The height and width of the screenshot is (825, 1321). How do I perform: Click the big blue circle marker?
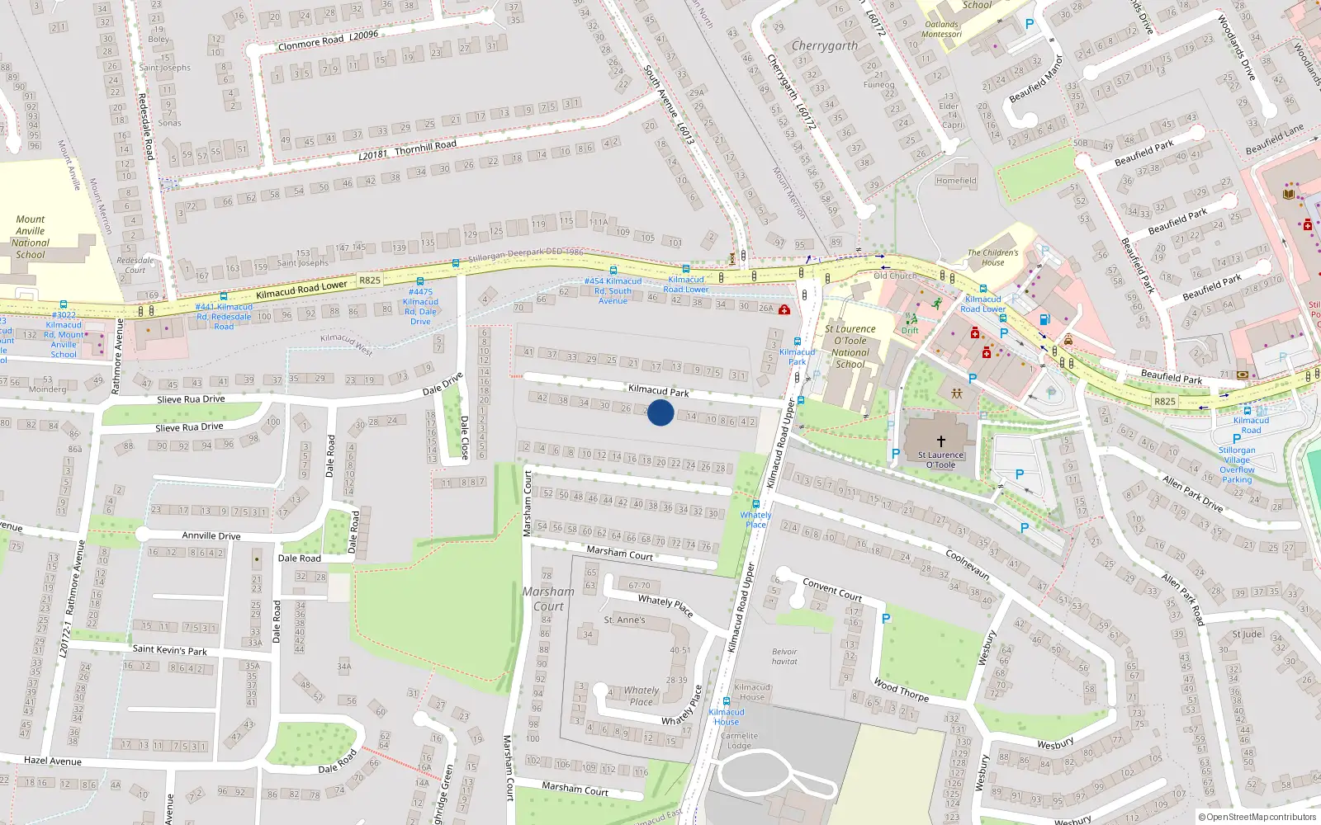[x=660, y=412]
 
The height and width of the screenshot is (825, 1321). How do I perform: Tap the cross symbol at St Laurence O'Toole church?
[x=940, y=441]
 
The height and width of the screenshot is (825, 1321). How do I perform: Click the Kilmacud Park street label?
[x=658, y=390]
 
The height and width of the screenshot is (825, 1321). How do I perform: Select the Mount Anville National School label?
[x=31, y=238]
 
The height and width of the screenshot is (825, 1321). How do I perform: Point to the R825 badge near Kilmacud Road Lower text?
[x=370, y=280]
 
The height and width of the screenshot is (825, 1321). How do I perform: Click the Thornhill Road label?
[x=425, y=147]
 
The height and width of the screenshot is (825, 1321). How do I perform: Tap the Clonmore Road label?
[x=311, y=44]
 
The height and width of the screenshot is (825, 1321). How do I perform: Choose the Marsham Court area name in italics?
[x=548, y=599]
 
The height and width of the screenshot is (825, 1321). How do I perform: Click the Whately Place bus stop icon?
[x=755, y=503]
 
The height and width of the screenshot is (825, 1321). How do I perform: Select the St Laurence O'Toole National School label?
[x=850, y=346]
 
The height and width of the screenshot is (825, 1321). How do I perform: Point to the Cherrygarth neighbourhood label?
[x=825, y=46]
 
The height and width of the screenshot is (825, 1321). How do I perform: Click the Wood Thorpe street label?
[x=901, y=690]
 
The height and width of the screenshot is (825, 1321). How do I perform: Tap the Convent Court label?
[x=832, y=589]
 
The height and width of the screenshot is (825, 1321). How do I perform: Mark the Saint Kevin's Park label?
[x=170, y=650]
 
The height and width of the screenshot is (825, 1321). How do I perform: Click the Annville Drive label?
[x=211, y=535]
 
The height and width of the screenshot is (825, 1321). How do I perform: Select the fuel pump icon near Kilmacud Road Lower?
[x=1044, y=319]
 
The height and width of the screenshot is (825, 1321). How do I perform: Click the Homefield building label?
[x=956, y=181]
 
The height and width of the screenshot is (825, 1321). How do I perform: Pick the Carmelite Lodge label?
[x=739, y=741]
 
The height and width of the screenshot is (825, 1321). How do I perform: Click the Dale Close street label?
[x=464, y=437]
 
